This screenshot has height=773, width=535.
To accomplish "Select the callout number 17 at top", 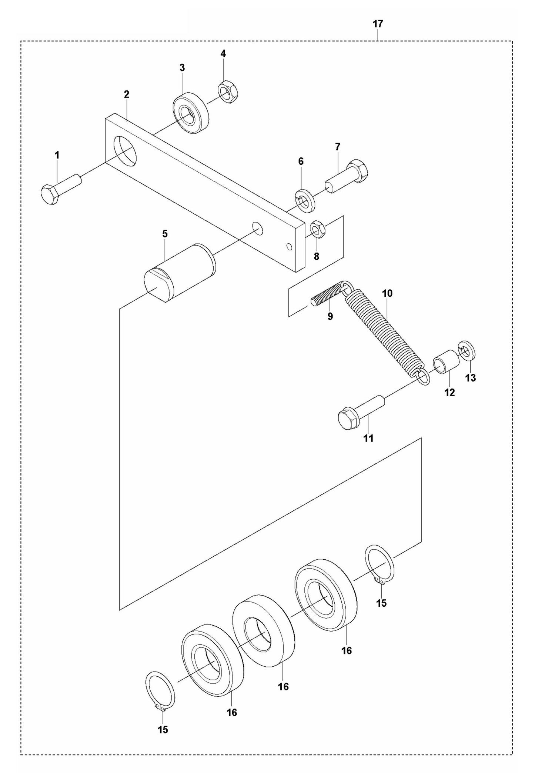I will (378, 24).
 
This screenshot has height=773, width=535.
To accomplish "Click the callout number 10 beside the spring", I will (387, 293).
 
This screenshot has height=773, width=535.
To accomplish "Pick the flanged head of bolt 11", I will (348, 419).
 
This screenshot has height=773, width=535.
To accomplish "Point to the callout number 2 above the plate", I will (127, 94).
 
